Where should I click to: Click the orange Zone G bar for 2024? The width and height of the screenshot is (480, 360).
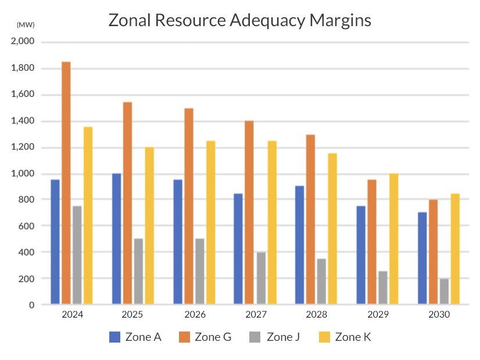pyautogui.click(x=66, y=182)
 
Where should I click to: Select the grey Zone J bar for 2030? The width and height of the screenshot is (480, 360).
pyautogui.click(x=445, y=291)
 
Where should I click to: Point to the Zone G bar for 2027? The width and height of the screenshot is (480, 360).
pyautogui.click(x=249, y=212)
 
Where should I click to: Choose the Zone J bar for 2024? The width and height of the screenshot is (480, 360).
pyautogui.click(x=77, y=255)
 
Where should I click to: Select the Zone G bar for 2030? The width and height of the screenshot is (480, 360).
pyautogui.click(x=434, y=251)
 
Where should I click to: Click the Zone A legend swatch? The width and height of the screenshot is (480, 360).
pyautogui.click(x=114, y=336)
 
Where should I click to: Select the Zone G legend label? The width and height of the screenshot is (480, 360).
pyautogui.click(x=213, y=336)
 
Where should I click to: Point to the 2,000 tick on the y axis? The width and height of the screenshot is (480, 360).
pyautogui.click(x=23, y=42)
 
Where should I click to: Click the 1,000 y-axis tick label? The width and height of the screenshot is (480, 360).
pyautogui.click(x=23, y=174)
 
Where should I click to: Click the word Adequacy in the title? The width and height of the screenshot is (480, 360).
pyautogui.click(x=261, y=21)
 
